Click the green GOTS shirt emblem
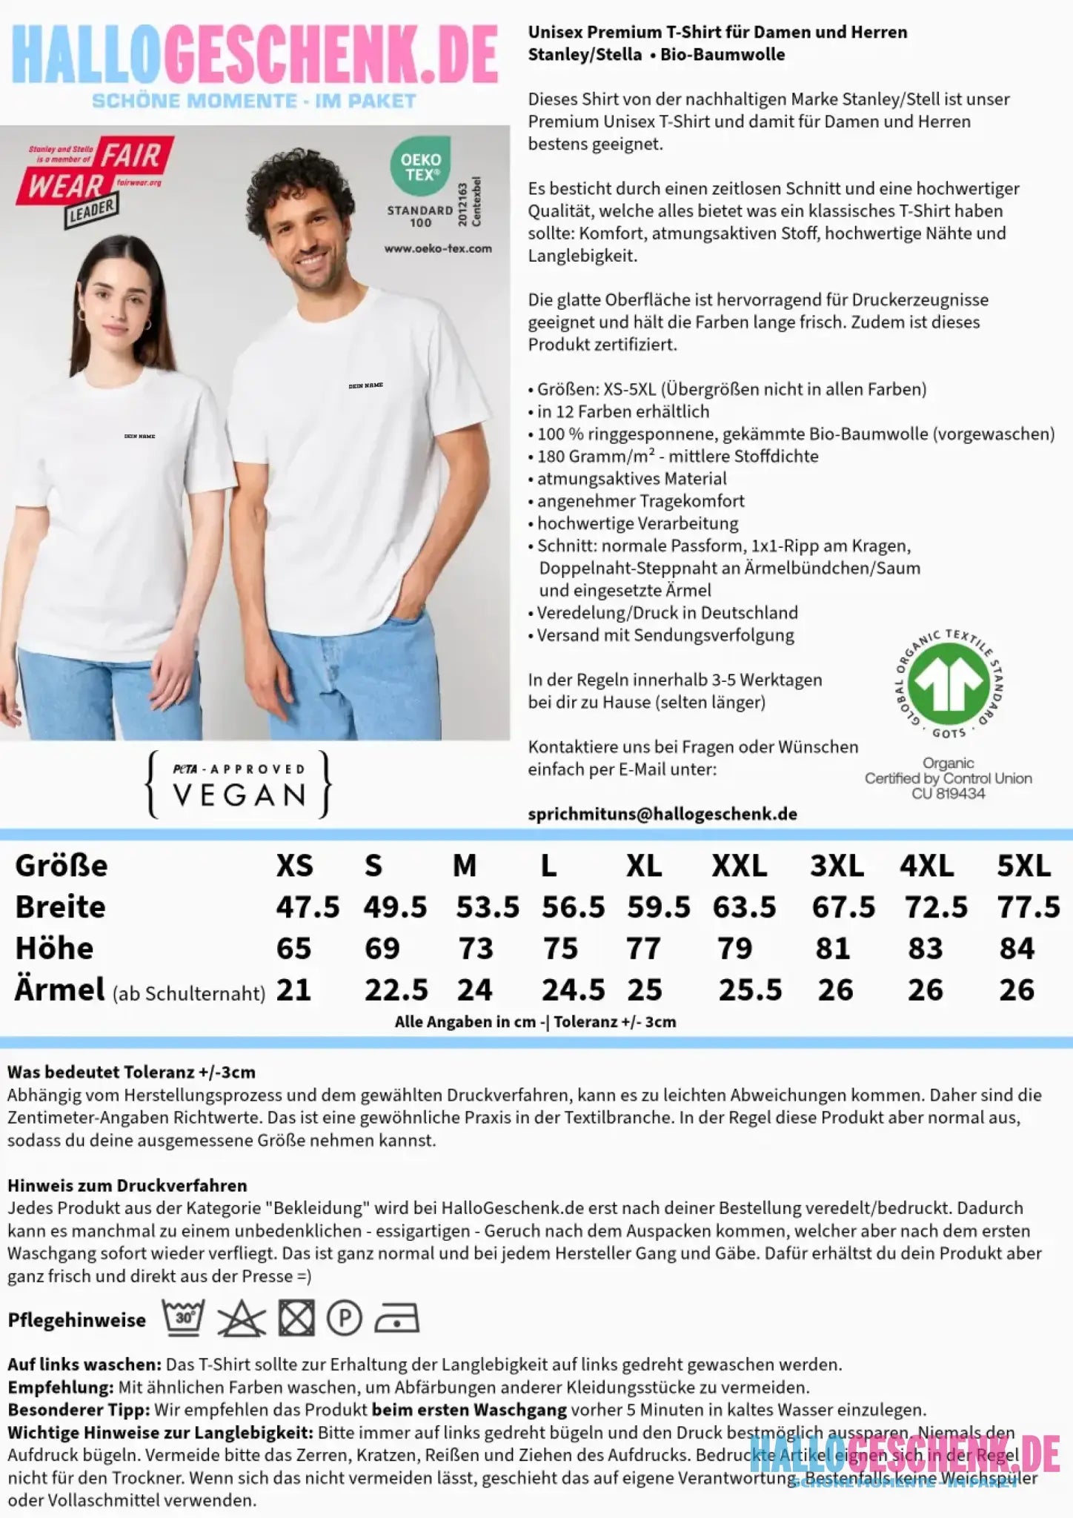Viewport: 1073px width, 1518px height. [949, 683]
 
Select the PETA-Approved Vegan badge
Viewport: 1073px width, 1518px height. [239, 785]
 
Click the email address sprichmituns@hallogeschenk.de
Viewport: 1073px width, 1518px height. [662, 814]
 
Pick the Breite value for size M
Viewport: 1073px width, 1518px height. [487, 907]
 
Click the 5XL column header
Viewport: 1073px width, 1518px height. [1023, 866]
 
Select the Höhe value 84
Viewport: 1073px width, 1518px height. [1016, 949]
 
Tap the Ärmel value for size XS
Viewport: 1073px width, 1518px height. [293, 990]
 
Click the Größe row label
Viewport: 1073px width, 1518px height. [62, 866]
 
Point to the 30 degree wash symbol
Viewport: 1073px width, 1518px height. [184, 1318]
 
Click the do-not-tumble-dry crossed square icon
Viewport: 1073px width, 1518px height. [296, 1319]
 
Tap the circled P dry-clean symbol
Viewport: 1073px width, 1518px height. [345, 1319]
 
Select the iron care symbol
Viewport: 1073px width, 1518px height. [396, 1319]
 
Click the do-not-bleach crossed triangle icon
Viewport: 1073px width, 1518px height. [242, 1319]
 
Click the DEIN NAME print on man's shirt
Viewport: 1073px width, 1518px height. [365, 386]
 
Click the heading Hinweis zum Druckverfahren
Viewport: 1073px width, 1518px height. [127, 1185]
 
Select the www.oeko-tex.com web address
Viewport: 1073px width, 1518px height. [438, 249]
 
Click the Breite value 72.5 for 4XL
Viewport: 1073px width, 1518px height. [936, 907]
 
